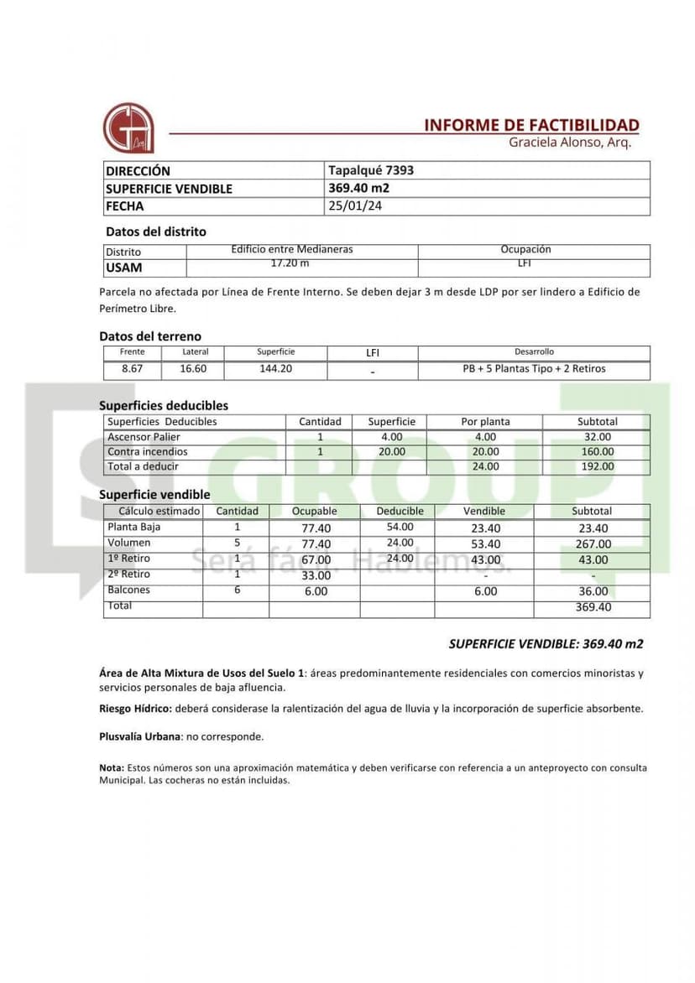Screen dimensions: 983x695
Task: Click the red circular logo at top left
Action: coord(128,128)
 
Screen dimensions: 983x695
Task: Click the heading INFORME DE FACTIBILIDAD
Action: coord(531,125)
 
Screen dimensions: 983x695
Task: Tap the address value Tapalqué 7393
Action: coord(371,170)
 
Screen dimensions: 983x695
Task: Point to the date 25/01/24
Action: coord(355,206)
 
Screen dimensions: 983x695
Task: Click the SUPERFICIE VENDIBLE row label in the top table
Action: coord(169,189)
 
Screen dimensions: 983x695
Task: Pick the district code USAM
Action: coord(123,268)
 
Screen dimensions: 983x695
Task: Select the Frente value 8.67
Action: coord(132,368)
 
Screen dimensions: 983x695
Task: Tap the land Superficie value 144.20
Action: coord(275,368)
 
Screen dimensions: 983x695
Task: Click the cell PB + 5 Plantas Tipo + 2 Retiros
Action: coord(534,368)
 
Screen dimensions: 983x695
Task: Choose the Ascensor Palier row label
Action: coord(144,437)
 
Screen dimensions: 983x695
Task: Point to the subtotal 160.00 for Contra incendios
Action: coord(598,451)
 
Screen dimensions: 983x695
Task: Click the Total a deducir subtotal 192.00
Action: coord(598,466)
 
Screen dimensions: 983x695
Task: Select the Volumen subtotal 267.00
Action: coord(593,544)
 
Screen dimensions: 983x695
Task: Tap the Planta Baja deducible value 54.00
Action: coord(400,527)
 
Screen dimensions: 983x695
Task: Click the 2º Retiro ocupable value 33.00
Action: coord(316,575)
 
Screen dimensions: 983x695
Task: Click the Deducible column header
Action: coord(400,511)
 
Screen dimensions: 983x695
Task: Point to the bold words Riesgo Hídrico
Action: coord(135,709)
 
